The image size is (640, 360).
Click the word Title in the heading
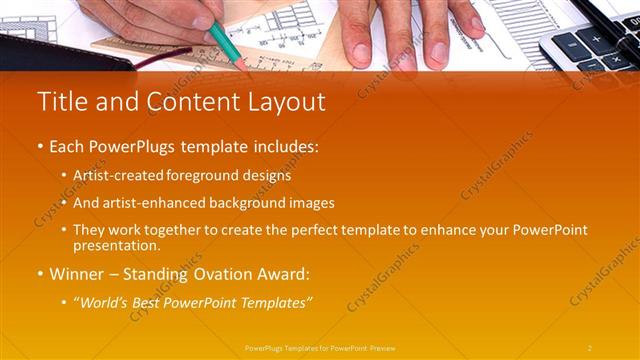click(x=59, y=102)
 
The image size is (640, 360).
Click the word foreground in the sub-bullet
click(x=200, y=175)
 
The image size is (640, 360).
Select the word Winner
click(x=76, y=273)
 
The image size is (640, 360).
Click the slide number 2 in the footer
click(x=590, y=347)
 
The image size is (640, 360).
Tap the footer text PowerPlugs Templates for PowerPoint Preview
click(x=320, y=347)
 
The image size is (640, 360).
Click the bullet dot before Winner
click(x=41, y=273)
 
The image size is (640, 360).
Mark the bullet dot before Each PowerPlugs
click(x=41, y=147)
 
